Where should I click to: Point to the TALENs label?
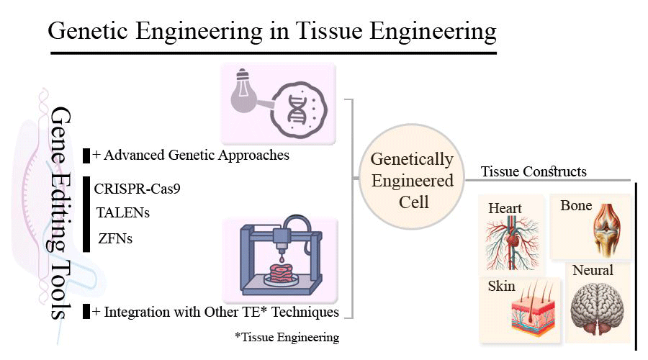[x=123, y=212]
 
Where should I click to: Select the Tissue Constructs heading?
[x=534, y=171]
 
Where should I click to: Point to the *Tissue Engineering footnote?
[x=287, y=337]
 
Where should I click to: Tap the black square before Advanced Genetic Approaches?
[x=86, y=155]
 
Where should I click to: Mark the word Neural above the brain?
[x=593, y=271]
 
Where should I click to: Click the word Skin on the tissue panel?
[x=502, y=286]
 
